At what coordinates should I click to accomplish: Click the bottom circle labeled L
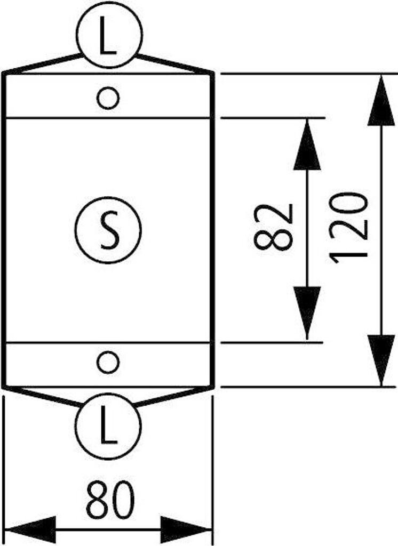tap(109, 426)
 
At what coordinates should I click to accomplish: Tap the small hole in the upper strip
tap(108, 98)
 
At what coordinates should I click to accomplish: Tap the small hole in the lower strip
tap(108, 363)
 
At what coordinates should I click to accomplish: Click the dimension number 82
tap(274, 227)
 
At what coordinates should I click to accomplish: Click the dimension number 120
tap(349, 227)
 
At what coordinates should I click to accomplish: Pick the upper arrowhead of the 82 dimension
tap(307, 147)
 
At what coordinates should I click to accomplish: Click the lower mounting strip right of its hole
tap(165, 364)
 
